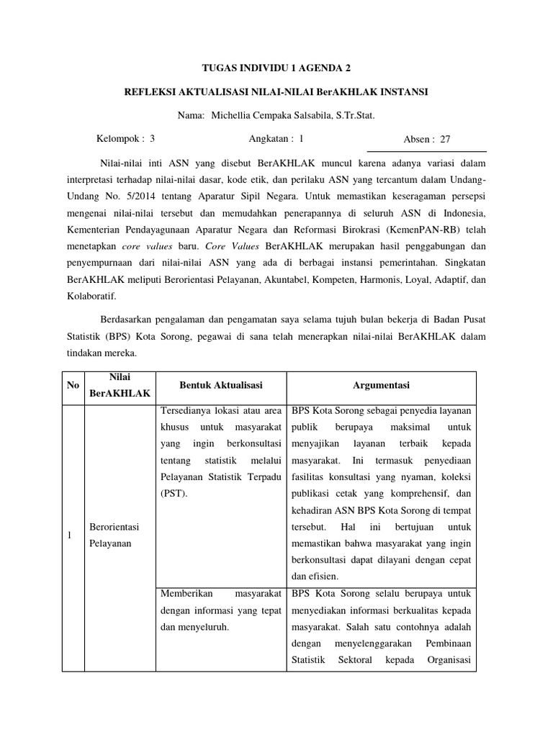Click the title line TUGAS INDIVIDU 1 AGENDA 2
276,68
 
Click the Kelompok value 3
152,138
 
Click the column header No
73,385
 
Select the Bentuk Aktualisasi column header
220,385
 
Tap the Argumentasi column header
381,385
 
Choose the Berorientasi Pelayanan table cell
113,535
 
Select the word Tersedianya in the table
185,410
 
